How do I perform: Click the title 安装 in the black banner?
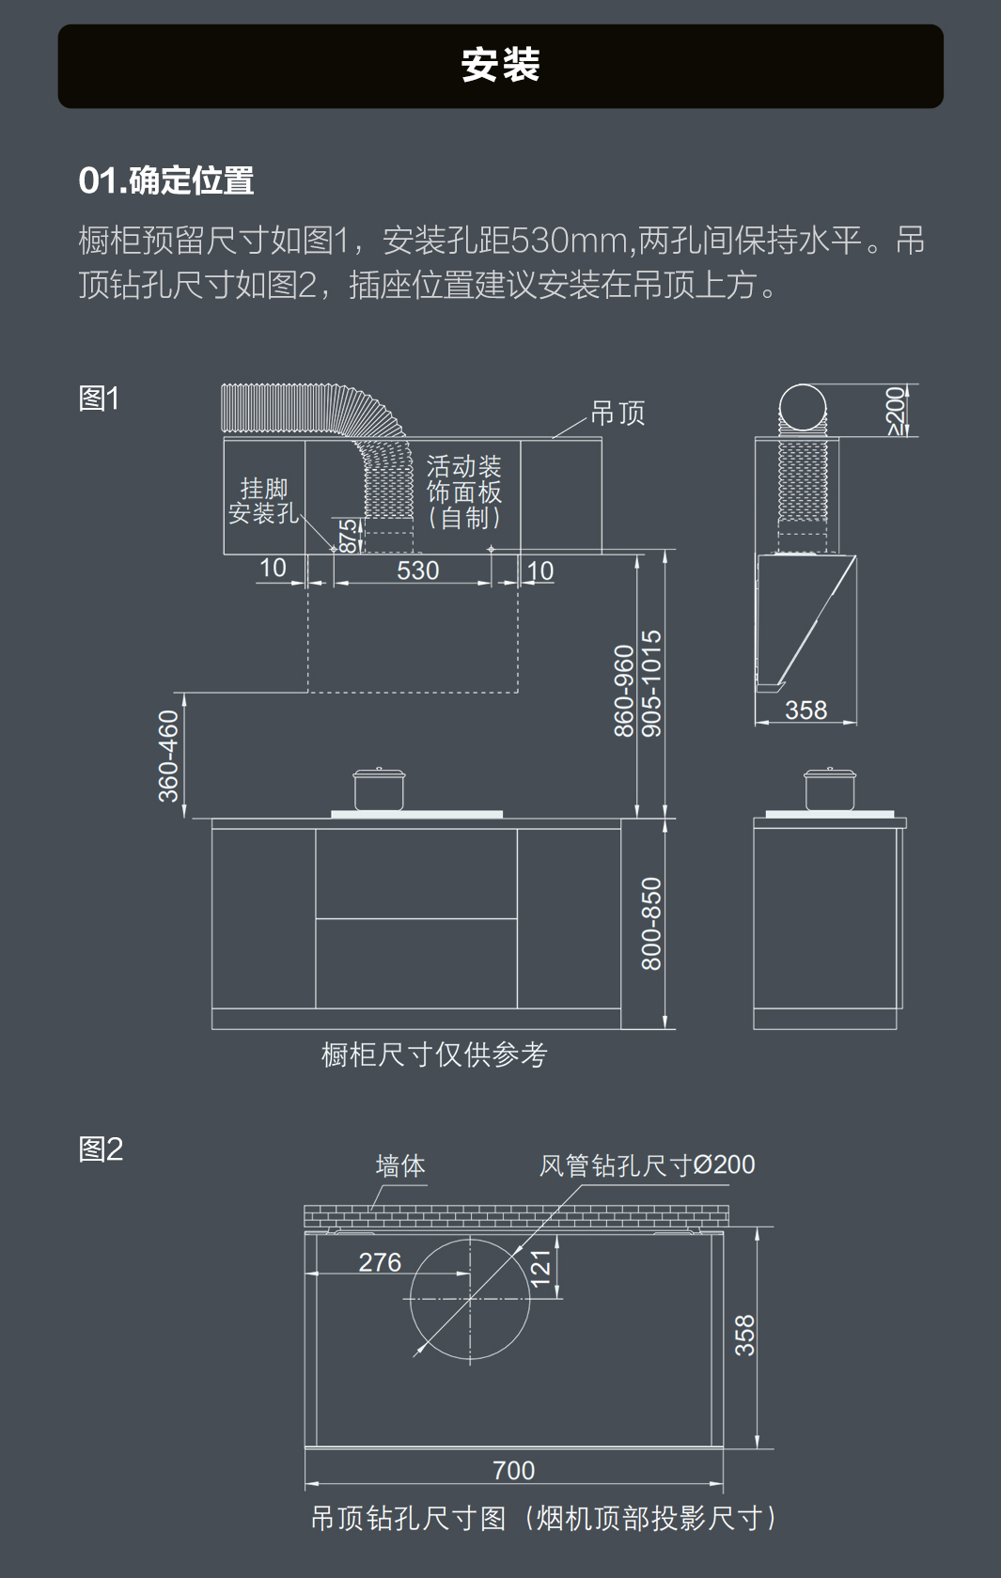point(500,66)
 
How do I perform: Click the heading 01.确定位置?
point(166,180)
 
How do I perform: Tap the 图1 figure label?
point(99,398)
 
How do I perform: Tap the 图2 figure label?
point(101,1148)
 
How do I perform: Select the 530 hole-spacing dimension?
point(417,570)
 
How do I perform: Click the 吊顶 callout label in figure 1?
point(618,414)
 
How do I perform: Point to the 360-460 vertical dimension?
point(168,756)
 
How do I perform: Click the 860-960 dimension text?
point(624,691)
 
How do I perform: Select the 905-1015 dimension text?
point(651,683)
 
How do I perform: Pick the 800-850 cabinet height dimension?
point(651,923)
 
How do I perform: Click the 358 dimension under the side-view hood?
point(805,711)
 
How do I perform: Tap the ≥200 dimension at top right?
point(897,411)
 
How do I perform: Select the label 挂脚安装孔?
point(263,501)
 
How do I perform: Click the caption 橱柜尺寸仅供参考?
point(434,1055)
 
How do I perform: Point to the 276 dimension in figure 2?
point(380,1262)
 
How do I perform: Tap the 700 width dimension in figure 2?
point(513,1470)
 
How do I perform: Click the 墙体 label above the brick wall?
point(400,1166)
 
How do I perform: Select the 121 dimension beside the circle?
point(540,1268)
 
